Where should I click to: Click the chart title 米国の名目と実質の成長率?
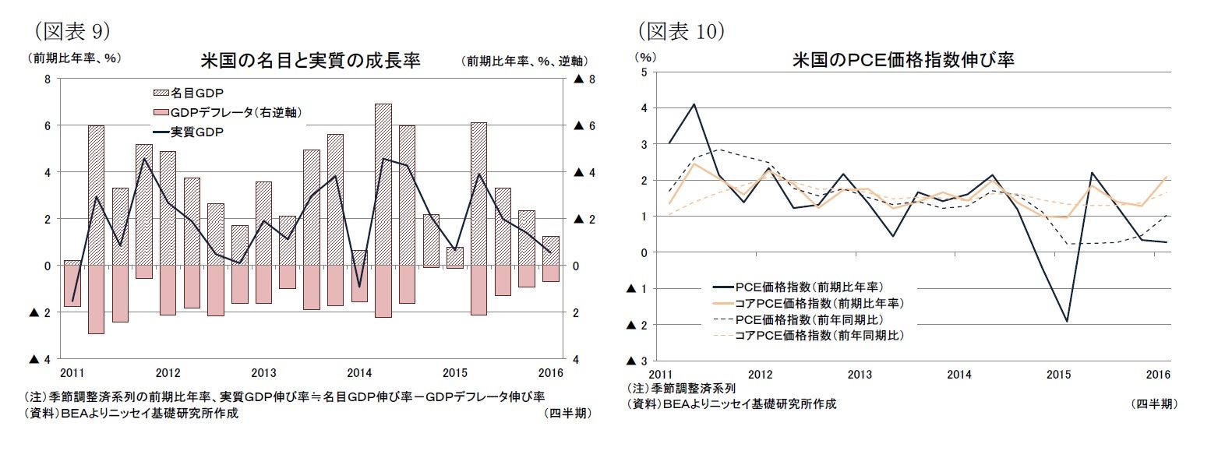(310, 61)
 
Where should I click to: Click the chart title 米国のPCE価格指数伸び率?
(903, 60)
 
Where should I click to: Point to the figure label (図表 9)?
(71, 30)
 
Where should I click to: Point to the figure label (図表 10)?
(682, 30)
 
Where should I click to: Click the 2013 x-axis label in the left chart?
(264, 372)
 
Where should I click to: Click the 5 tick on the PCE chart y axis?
(644, 72)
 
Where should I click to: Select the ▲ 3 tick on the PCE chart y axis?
(635, 361)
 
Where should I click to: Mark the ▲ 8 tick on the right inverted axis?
(584, 79)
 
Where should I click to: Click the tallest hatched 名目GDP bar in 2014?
(383, 184)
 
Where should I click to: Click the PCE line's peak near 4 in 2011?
(694, 104)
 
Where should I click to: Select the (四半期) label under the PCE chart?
(1153, 403)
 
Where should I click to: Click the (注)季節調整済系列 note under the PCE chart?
(681, 389)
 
